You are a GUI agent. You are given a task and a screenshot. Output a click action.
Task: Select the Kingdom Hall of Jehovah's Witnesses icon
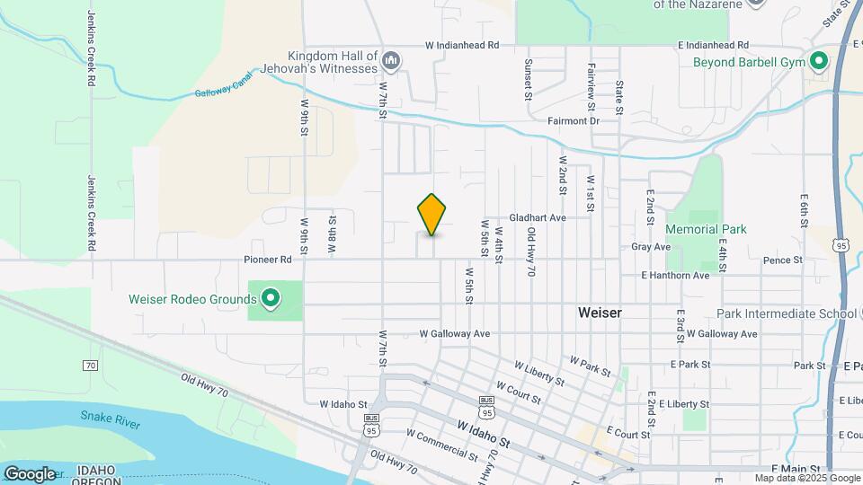pyautogui.click(x=391, y=61)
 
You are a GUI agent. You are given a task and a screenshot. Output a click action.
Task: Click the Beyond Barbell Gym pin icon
pyautogui.click(x=819, y=62)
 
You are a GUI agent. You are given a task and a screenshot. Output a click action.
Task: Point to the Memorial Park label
pyautogui.click(x=706, y=230)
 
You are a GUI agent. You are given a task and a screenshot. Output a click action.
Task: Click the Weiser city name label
pyautogui.click(x=600, y=313)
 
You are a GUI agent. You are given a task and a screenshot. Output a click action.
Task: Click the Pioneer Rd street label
pyautogui.click(x=268, y=260)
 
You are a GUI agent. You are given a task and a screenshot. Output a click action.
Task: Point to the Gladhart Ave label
pyautogui.click(x=538, y=217)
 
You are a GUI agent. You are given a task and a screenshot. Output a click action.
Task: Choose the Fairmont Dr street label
pyautogui.click(x=573, y=120)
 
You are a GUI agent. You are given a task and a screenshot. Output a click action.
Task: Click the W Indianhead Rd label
pyautogui.click(x=457, y=44)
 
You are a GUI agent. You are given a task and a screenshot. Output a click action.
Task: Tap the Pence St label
pyautogui.click(x=782, y=260)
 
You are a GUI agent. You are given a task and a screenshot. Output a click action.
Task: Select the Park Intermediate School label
pyautogui.click(x=787, y=314)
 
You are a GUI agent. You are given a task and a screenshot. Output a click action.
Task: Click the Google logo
pyautogui.click(x=30, y=473)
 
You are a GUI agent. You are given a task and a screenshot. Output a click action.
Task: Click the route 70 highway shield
pyautogui.click(x=90, y=366)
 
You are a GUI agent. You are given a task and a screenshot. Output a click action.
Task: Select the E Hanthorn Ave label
pyautogui.click(x=675, y=276)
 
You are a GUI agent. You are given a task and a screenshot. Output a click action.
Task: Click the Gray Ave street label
pyautogui.click(x=651, y=246)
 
